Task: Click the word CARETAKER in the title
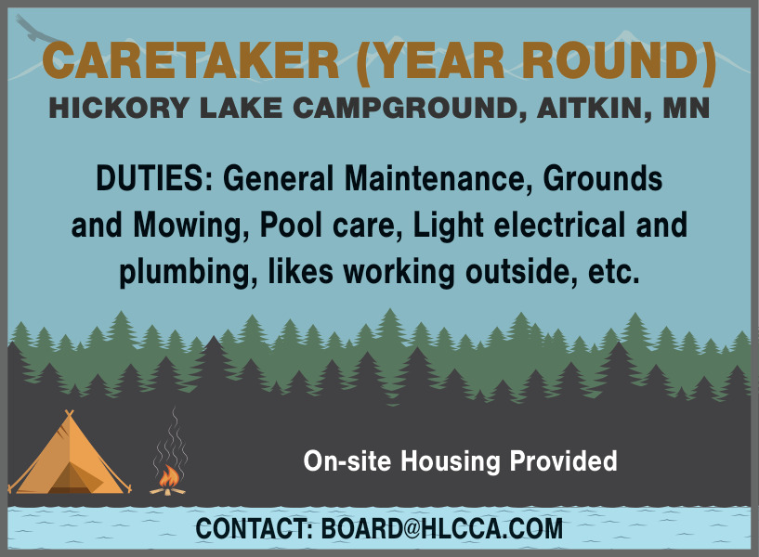click(190, 60)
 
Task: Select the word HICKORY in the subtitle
click(119, 108)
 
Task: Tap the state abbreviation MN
click(686, 108)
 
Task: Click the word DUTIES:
click(154, 178)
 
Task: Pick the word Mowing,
click(191, 227)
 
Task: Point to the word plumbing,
click(189, 273)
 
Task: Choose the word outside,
click(521, 272)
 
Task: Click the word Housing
click(451, 461)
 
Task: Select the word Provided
click(563, 460)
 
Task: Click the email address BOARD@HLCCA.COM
click(442, 528)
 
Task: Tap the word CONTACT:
click(255, 528)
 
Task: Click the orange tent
click(70, 455)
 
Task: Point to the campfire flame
click(169, 476)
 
